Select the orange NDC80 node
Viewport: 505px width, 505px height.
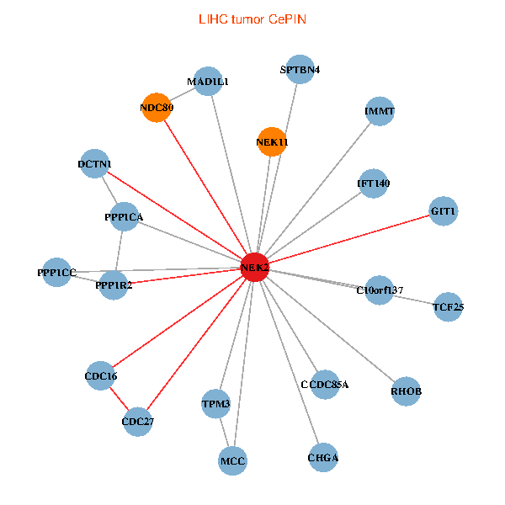tap(156, 108)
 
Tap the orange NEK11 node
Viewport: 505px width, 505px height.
tap(272, 141)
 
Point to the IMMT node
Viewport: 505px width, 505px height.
tap(380, 112)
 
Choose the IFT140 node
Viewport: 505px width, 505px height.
tap(373, 183)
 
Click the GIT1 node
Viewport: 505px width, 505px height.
tap(443, 211)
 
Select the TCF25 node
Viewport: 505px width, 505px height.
tap(448, 307)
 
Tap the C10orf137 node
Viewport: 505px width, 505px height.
tap(380, 290)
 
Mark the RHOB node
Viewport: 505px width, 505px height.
tap(406, 391)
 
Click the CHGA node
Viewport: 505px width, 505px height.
tap(322, 458)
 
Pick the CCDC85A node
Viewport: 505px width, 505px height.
tap(324, 385)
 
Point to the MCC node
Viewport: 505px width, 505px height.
tap(232, 460)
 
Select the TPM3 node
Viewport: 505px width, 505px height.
tap(216, 405)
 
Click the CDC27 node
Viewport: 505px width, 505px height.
tap(138, 421)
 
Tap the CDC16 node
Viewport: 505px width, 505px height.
tap(101, 376)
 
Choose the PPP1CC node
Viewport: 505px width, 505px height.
tap(56, 273)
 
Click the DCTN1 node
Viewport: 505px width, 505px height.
tap(95, 164)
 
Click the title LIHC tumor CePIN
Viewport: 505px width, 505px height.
tap(252, 19)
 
